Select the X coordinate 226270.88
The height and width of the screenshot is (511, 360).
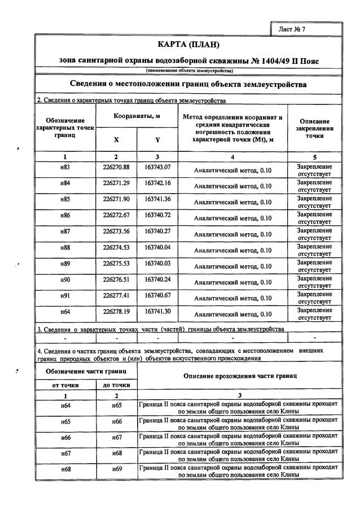tap(116, 167)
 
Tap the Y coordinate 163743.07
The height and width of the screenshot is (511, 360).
tap(157, 167)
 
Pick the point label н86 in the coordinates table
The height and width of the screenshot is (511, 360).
tap(65, 215)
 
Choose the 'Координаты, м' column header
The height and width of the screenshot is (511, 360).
tap(137, 116)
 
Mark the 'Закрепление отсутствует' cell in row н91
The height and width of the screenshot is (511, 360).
tap(314, 298)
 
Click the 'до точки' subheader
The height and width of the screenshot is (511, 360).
tap(117, 385)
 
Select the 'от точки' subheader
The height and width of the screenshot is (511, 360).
tap(65, 385)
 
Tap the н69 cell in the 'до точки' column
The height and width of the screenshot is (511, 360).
tap(117, 470)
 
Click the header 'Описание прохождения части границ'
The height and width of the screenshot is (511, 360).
tap(239, 376)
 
